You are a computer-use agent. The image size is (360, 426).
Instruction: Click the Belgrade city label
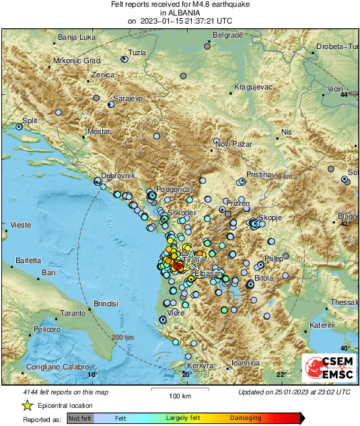point(227,35)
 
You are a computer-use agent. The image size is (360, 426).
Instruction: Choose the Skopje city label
point(269,218)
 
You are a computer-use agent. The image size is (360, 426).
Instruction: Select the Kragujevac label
point(252,87)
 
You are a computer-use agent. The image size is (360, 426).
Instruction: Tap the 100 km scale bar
point(176,389)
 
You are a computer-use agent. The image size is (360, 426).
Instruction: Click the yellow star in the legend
point(27,405)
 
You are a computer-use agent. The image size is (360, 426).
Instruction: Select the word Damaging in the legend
point(246,417)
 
